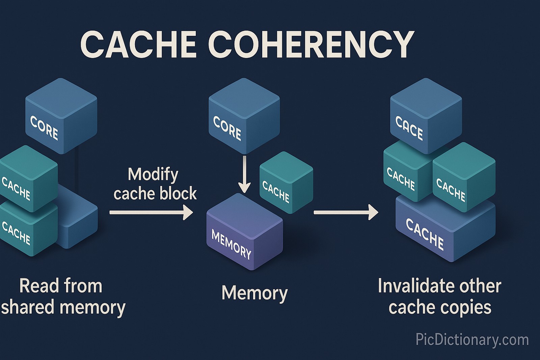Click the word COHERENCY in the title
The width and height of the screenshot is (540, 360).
(x=311, y=44)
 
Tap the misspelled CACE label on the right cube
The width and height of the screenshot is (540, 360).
(x=409, y=128)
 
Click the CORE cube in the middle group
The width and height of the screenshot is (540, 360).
(x=244, y=116)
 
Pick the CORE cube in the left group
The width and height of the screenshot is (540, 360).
(x=61, y=116)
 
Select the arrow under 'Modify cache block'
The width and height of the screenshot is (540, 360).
(x=151, y=213)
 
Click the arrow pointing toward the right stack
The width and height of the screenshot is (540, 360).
(x=346, y=212)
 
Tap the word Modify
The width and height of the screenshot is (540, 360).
(x=153, y=175)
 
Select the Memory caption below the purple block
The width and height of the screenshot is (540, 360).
(x=254, y=293)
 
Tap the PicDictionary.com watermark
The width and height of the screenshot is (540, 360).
(x=472, y=339)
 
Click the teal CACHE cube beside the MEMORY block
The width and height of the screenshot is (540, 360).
(x=286, y=183)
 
